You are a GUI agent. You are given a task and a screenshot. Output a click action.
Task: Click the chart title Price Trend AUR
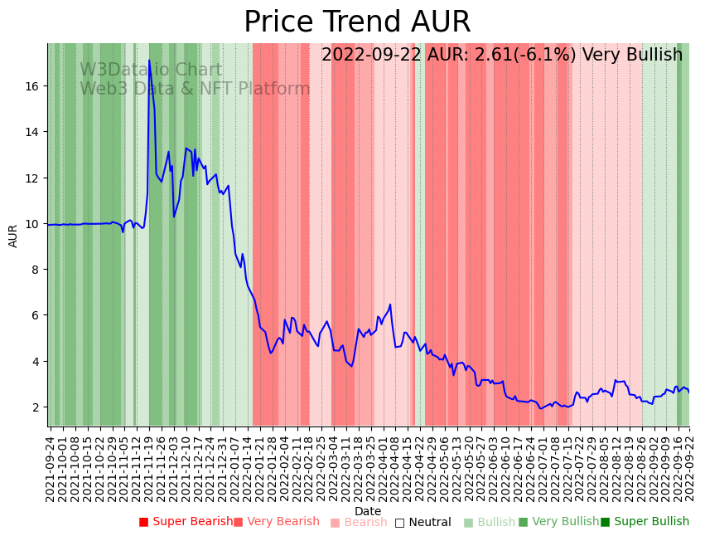pyautogui.click(x=357, y=22)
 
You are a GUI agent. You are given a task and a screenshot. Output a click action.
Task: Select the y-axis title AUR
pyautogui.click(x=13, y=236)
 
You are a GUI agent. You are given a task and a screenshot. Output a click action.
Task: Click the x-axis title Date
pyautogui.click(x=368, y=511)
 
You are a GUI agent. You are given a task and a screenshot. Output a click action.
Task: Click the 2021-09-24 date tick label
pyautogui.click(x=50, y=468)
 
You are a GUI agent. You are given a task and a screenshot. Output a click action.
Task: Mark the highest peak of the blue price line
pyautogui.click(x=149, y=61)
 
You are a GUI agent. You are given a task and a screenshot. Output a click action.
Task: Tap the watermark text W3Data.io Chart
pyautogui.click(x=151, y=71)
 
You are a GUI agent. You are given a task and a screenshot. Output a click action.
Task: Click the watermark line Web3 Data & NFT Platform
pyautogui.click(x=195, y=90)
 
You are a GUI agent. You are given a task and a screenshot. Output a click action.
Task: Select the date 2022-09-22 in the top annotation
pyautogui.click(x=371, y=56)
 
